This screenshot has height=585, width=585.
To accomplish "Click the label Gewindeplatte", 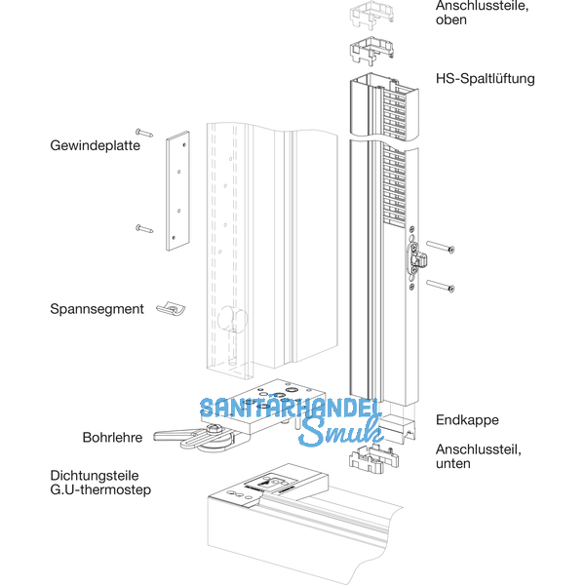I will click(96, 145).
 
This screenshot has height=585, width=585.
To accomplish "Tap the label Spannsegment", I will click(97, 309).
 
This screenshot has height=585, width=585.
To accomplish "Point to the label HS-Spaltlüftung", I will click(485, 78).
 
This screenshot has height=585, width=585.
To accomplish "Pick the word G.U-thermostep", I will click(100, 490).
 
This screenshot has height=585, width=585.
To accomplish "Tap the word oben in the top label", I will click(451, 19).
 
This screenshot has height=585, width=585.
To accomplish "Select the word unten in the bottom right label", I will click(454, 463).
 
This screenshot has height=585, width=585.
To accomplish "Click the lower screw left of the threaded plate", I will click(144, 228).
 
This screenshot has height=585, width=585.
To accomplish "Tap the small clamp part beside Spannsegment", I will click(173, 308).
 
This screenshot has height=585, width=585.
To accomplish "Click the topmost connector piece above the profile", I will click(367, 17).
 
